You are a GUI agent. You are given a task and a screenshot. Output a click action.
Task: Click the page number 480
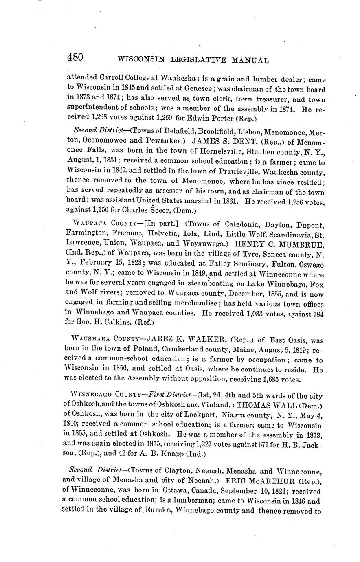[x=75, y=57]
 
